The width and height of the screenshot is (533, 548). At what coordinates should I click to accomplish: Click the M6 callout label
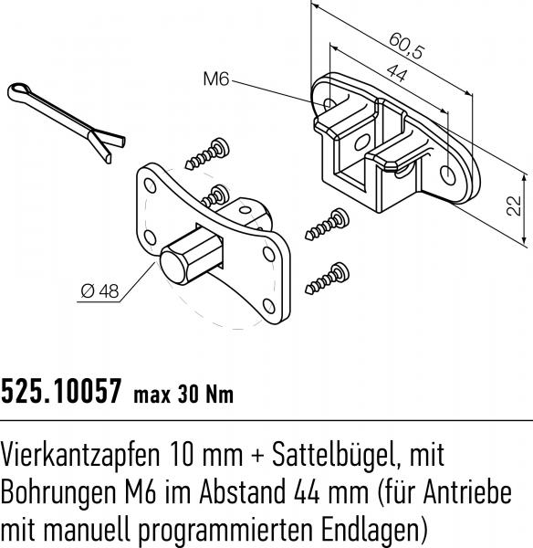(x=214, y=80)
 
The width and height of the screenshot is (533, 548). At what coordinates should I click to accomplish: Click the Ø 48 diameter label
(x=99, y=291)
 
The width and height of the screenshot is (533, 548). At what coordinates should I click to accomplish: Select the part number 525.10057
(x=61, y=393)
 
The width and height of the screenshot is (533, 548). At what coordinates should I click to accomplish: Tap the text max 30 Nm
(x=183, y=395)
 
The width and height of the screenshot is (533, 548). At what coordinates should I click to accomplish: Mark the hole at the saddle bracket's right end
(x=447, y=174)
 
